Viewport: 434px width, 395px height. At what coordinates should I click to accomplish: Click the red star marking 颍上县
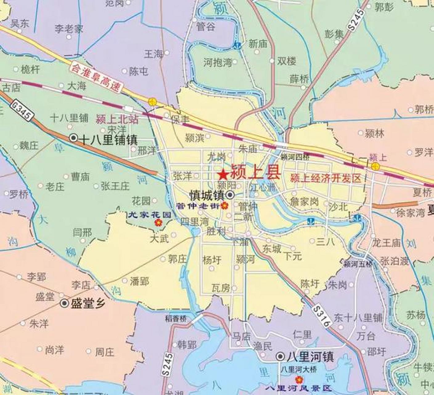click(x=223, y=175)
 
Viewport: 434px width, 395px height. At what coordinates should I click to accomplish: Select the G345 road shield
click(x=21, y=110)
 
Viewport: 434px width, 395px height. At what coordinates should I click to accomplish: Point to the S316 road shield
click(x=321, y=316)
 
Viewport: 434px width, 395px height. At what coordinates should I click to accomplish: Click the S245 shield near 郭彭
click(x=357, y=19)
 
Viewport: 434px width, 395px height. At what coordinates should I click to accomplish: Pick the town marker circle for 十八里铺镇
click(x=73, y=138)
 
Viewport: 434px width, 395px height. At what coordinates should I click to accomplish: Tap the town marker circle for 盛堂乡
click(x=64, y=303)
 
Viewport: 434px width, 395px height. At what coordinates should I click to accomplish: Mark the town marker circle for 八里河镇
click(x=280, y=357)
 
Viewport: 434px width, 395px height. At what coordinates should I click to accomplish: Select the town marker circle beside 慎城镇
click(x=230, y=195)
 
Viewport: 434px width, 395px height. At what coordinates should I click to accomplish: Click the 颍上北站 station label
click(x=117, y=119)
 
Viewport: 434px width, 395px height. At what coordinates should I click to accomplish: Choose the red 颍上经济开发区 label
click(x=325, y=178)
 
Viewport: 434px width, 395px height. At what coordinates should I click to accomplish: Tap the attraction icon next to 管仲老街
click(x=225, y=205)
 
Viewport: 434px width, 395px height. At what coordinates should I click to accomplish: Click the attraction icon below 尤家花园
click(x=158, y=222)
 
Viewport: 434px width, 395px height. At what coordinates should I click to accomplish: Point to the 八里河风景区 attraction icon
click(x=298, y=380)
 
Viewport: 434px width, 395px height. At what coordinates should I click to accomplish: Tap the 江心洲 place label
click(x=264, y=187)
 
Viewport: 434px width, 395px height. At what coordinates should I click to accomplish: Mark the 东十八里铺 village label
click(x=358, y=318)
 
